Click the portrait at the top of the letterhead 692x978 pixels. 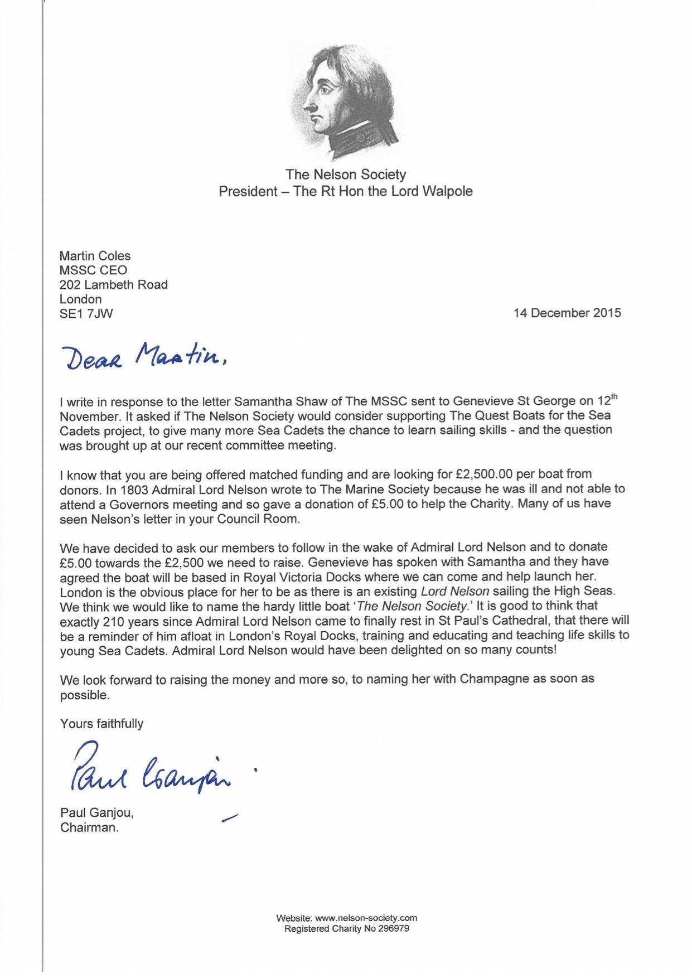346,100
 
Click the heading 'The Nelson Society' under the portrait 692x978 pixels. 346,175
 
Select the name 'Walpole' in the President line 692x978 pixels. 448,191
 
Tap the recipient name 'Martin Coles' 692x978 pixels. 95,256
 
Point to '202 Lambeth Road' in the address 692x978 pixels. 113,284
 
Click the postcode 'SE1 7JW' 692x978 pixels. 86,313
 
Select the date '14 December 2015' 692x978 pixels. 567,313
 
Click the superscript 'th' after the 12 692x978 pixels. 613,396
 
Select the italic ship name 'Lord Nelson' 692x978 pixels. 454,591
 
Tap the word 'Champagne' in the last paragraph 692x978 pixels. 494,679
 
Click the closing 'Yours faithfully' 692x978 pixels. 101,724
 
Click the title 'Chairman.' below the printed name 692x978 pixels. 89,827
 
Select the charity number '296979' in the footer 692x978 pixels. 394,928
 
